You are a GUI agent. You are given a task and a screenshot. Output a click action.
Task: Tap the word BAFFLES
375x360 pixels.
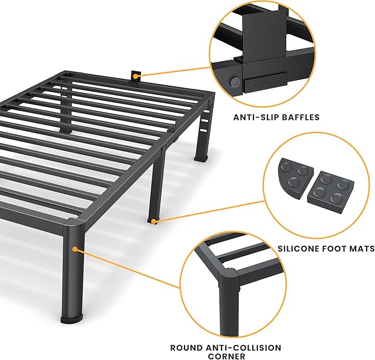[x=298, y=117]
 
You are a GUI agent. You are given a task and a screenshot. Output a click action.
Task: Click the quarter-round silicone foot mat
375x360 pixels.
[x=293, y=176]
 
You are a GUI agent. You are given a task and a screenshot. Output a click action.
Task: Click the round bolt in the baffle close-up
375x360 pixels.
[x=233, y=81]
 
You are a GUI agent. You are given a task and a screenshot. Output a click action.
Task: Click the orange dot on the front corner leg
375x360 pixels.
[x=75, y=250]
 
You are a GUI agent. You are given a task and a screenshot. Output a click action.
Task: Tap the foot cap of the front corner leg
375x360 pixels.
[x=72, y=319]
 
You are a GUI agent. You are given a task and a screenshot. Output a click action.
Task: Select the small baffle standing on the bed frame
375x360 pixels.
[x=134, y=76]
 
